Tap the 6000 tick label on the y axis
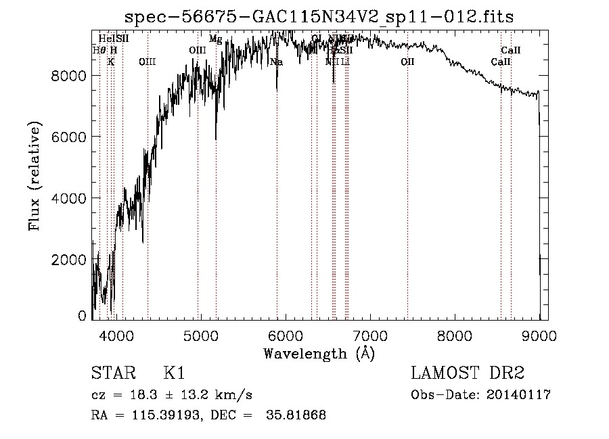(x=68, y=137)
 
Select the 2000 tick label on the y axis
(x=68, y=260)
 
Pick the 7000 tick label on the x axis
(x=369, y=334)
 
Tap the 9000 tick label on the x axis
(x=539, y=334)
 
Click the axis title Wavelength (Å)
(x=319, y=353)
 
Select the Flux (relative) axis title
(x=35, y=176)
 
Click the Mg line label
(x=215, y=39)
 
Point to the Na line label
(x=276, y=62)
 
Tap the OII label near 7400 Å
(x=407, y=62)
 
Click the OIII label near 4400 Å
(x=147, y=62)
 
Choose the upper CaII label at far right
(x=511, y=51)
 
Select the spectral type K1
(x=174, y=374)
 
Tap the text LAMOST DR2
(x=468, y=374)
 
